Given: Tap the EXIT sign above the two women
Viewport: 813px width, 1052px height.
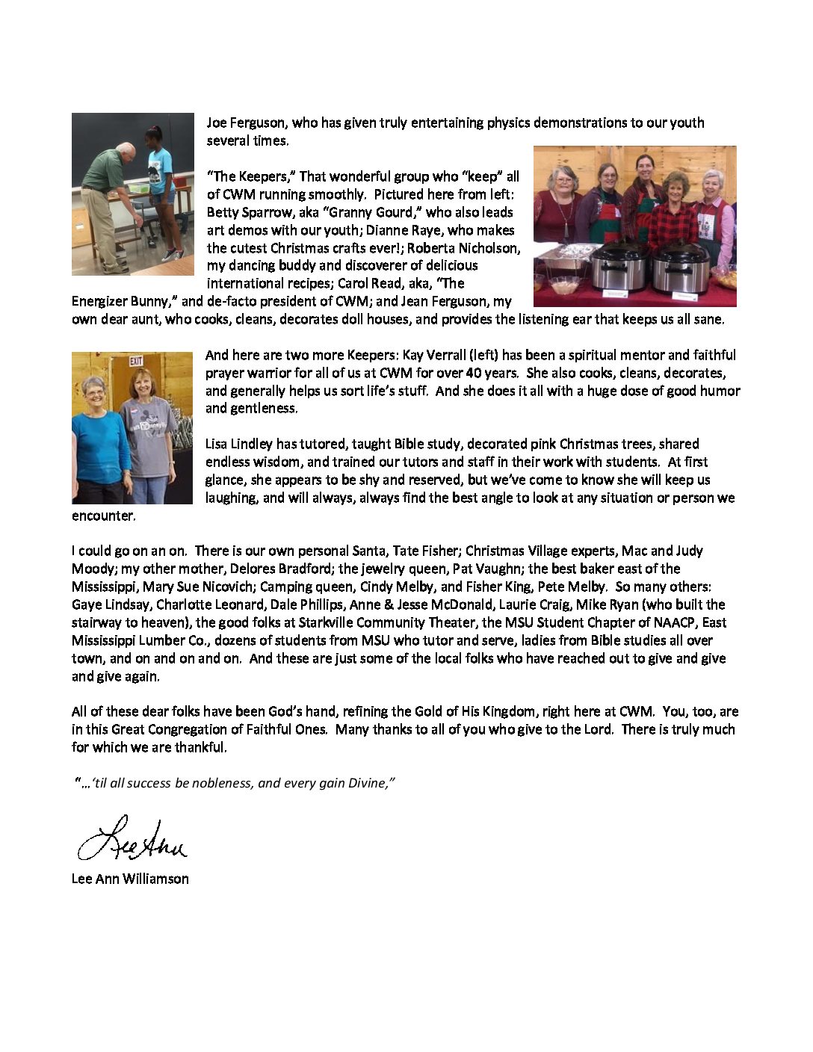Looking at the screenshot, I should (x=136, y=361).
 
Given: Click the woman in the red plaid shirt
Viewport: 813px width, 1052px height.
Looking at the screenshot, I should (x=675, y=217).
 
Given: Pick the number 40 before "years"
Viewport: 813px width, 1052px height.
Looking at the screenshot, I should (x=483, y=373).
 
